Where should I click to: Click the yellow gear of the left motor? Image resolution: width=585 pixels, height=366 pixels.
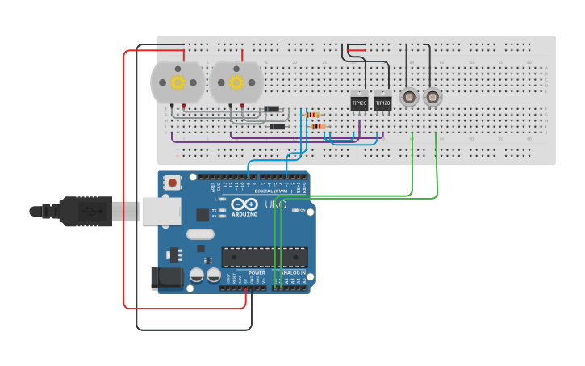pyautogui.click(x=177, y=82)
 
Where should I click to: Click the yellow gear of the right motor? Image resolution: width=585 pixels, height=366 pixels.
pyautogui.click(x=236, y=82)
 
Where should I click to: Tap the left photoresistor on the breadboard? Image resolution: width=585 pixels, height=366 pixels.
pyautogui.click(x=409, y=98)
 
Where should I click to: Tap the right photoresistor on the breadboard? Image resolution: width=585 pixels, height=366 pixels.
pyautogui.click(x=432, y=98)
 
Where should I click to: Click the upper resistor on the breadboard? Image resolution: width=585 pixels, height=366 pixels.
pyautogui.click(x=313, y=115)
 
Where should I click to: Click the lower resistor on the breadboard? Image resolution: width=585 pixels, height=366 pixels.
pyautogui.click(x=317, y=126)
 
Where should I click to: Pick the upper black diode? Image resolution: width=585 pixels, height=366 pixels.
pyautogui.click(x=272, y=109)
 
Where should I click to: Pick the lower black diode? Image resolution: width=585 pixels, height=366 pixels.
pyautogui.click(x=278, y=126)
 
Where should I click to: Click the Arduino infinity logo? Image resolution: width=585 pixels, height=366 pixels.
pyautogui.click(x=244, y=204)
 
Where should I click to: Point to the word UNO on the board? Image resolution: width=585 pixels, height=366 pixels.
pyautogui.click(x=275, y=204)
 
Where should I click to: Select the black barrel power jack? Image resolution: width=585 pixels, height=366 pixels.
pyautogui.click(x=166, y=278)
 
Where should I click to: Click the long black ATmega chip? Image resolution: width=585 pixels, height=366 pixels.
pyautogui.click(x=265, y=257)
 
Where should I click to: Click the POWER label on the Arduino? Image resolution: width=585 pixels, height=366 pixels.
pyautogui.click(x=257, y=273)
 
